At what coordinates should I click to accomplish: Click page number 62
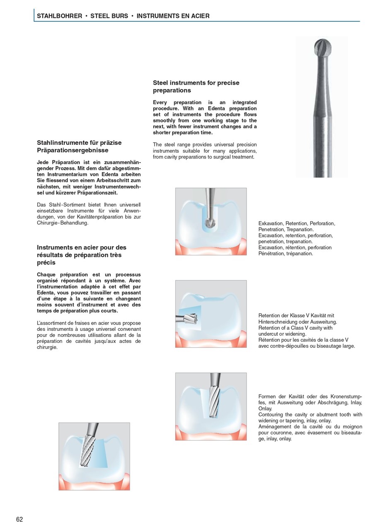pyautogui.click(x=19, y=519)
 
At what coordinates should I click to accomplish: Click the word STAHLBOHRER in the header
pyautogui.click(x=59, y=16)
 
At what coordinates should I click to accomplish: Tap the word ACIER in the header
pyautogui.click(x=199, y=16)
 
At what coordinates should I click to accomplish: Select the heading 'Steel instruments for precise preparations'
pyautogui.click(x=196, y=86)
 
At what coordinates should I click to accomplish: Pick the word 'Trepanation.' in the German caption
pyautogui.click(x=300, y=229)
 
